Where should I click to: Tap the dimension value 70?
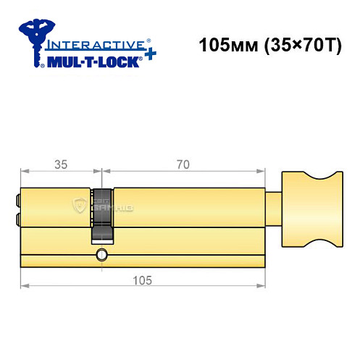click(183, 165)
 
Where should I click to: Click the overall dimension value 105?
click(142, 280)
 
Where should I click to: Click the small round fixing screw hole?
click(101, 254)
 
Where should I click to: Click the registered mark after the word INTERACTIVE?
click(148, 38)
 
